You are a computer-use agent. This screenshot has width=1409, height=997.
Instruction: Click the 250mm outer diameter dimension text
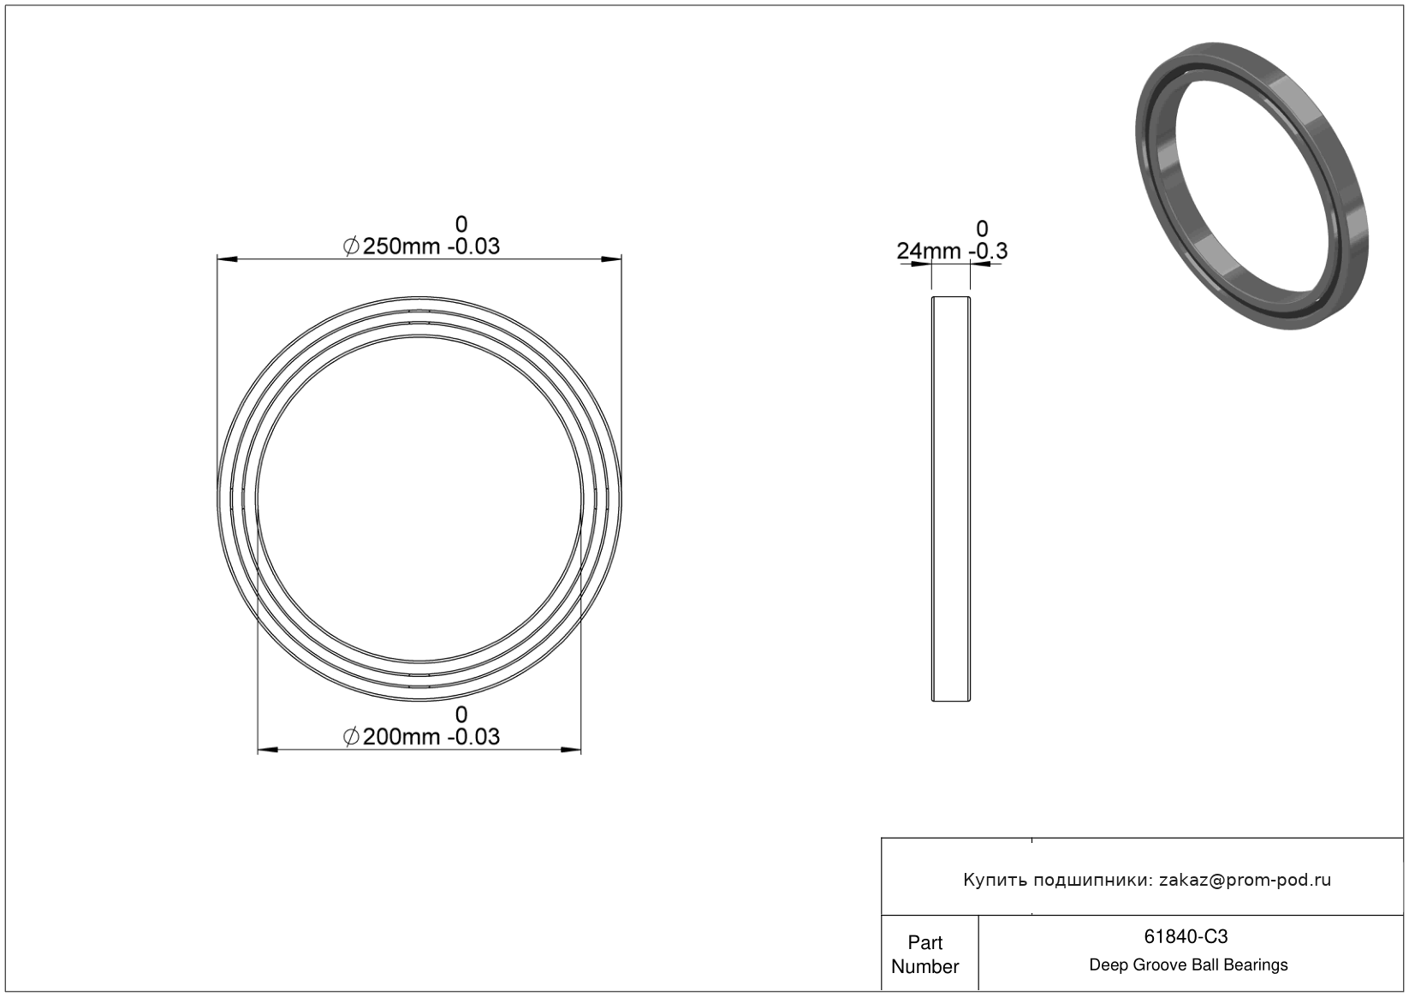401,246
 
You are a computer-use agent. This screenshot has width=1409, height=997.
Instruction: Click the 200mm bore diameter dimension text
401,737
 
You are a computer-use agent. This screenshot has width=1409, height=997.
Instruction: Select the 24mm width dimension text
929,251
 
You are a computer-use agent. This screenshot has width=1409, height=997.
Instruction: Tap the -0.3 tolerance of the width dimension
988,251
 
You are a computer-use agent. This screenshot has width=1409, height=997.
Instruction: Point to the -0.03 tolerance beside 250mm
473,246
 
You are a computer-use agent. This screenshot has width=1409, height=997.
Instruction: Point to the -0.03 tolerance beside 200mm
473,737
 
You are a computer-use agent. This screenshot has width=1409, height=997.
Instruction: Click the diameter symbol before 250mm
351,246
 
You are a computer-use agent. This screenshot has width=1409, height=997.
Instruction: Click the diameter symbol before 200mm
351,737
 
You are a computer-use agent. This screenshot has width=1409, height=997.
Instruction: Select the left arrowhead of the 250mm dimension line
227,259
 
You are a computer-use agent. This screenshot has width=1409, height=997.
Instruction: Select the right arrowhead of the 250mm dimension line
611,259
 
